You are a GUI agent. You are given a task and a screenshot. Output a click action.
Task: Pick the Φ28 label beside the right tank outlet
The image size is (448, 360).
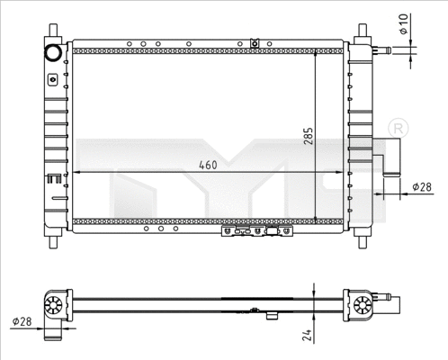422,186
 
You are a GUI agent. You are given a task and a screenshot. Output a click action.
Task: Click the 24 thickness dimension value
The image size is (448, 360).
307,336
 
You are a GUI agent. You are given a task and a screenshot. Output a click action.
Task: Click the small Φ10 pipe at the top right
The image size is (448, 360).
382,51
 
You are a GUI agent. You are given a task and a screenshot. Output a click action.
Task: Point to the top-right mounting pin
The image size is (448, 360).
362,31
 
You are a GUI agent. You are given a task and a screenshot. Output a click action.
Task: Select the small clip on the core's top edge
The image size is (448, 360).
255,42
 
